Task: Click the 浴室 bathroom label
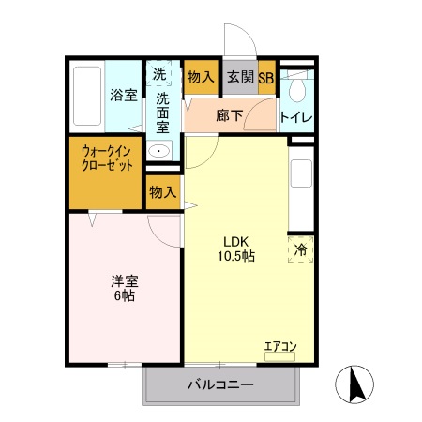pos(124,95)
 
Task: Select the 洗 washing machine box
pos(159,75)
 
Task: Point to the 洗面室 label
pos(163,112)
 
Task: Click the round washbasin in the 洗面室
pos(160,151)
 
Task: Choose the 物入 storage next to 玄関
pos(200,78)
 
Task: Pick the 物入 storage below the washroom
pos(163,192)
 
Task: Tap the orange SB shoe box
pos(266,78)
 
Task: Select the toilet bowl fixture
pos(298,90)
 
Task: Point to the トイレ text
pos(297,117)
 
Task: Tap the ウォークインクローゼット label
pos(106,158)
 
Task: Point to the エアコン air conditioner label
pos(279,347)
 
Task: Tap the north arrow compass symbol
pos(354,383)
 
